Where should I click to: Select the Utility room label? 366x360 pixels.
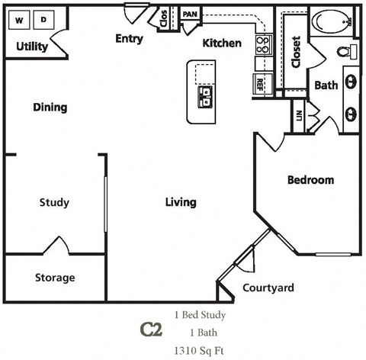point(32,47)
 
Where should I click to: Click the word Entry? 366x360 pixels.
point(129,38)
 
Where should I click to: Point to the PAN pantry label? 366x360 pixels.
point(191,14)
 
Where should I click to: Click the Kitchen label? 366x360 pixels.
point(222,43)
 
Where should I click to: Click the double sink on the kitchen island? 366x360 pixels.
point(206,95)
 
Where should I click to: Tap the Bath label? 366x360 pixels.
point(326,85)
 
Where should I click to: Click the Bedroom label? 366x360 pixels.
point(310,181)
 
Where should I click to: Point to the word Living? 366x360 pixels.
point(181,202)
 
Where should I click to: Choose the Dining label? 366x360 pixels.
point(50,108)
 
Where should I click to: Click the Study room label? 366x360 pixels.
point(54,202)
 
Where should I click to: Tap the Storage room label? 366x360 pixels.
point(54,278)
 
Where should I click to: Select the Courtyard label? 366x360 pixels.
point(268,288)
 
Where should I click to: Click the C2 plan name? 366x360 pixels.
point(150,329)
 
